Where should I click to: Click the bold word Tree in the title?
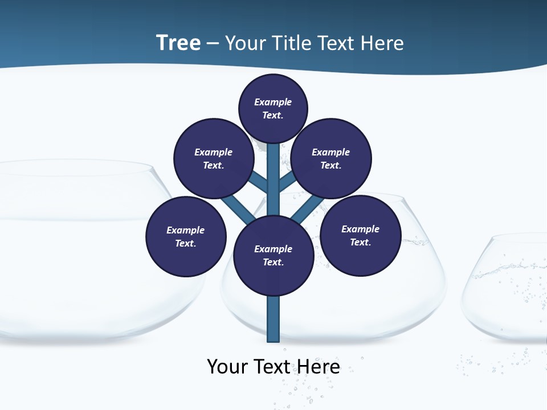178,43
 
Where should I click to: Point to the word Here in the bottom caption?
319,366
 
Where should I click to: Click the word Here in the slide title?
383,43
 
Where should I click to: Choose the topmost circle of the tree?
273,108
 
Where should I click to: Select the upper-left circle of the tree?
213,158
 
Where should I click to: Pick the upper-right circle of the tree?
331,158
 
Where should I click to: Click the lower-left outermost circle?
186,236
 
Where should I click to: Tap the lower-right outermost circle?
361,235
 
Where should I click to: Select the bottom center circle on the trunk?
273,256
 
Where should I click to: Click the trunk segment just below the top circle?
273,157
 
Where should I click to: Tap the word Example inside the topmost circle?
273,102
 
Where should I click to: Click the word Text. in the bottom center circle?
273,263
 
